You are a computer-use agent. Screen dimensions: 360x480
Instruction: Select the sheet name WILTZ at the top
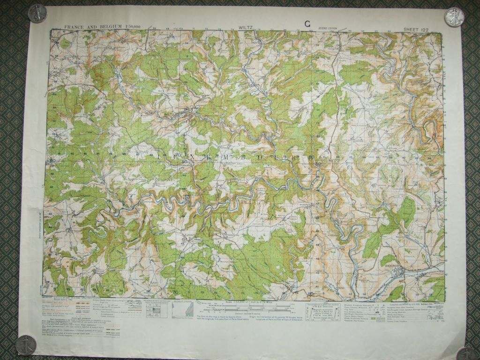(245, 28)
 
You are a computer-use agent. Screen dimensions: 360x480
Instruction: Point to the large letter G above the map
(307, 24)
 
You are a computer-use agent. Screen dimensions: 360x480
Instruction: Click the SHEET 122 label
(416, 29)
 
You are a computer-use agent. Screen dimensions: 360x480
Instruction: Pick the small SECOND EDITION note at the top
(329, 28)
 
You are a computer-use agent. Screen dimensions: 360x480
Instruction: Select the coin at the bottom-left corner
(24, 346)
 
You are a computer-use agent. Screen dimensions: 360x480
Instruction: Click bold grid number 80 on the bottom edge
(309, 294)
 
